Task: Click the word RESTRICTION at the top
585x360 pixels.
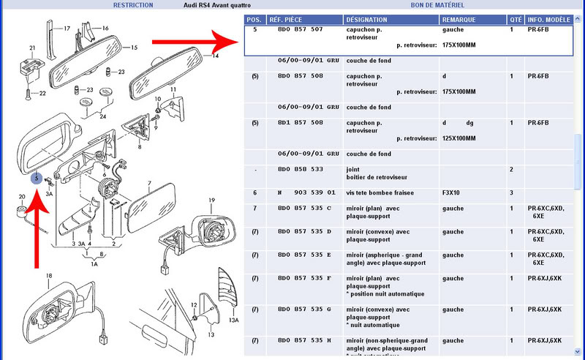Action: point(133,5)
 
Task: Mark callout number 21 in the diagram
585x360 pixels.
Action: point(32,48)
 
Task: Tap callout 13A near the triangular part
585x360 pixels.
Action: point(233,320)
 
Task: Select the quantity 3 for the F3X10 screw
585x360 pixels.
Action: point(511,192)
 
